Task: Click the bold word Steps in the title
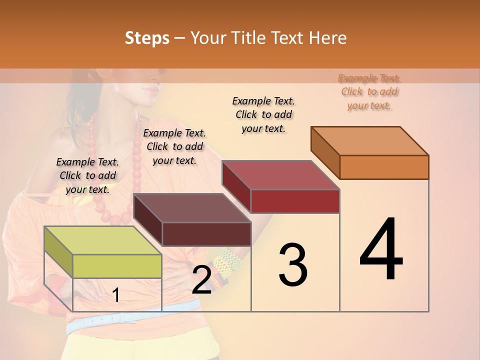click(147, 38)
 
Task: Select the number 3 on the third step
click(293, 265)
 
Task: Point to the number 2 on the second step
click(202, 280)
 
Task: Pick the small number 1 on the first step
click(116, 295)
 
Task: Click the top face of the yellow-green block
click(102, 240)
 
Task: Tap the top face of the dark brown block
click(192, 208)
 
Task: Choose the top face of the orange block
click(370, 141)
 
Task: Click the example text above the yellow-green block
click(87, 175)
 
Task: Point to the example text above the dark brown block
click(174, 146)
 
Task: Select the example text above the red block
click(263, 114)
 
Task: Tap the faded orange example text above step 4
click(369, 91)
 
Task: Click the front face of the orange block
click(384, 167)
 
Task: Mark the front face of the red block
click(295, 201)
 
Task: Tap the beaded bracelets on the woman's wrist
click(225, 265)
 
